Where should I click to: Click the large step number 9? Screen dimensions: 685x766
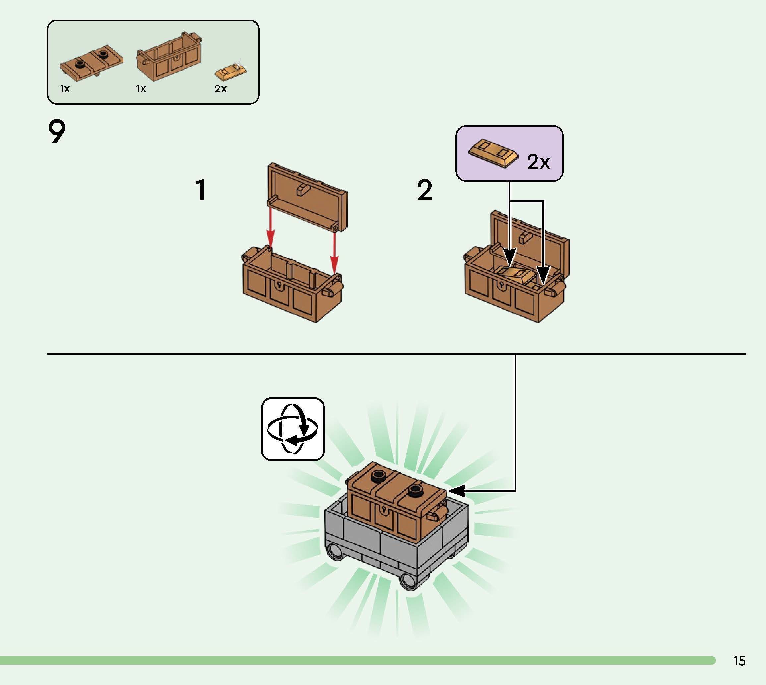click(x=57, y=132)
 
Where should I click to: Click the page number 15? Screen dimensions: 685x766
click(x=739, y=661)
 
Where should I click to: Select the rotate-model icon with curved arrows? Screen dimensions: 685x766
click(x=292, y=429)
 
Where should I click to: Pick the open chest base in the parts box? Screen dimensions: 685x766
click(x=169, y=58)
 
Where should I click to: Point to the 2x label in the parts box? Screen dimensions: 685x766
click(x=220, y=89)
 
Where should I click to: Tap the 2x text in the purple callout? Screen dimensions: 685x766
click(x=539, y=162)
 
